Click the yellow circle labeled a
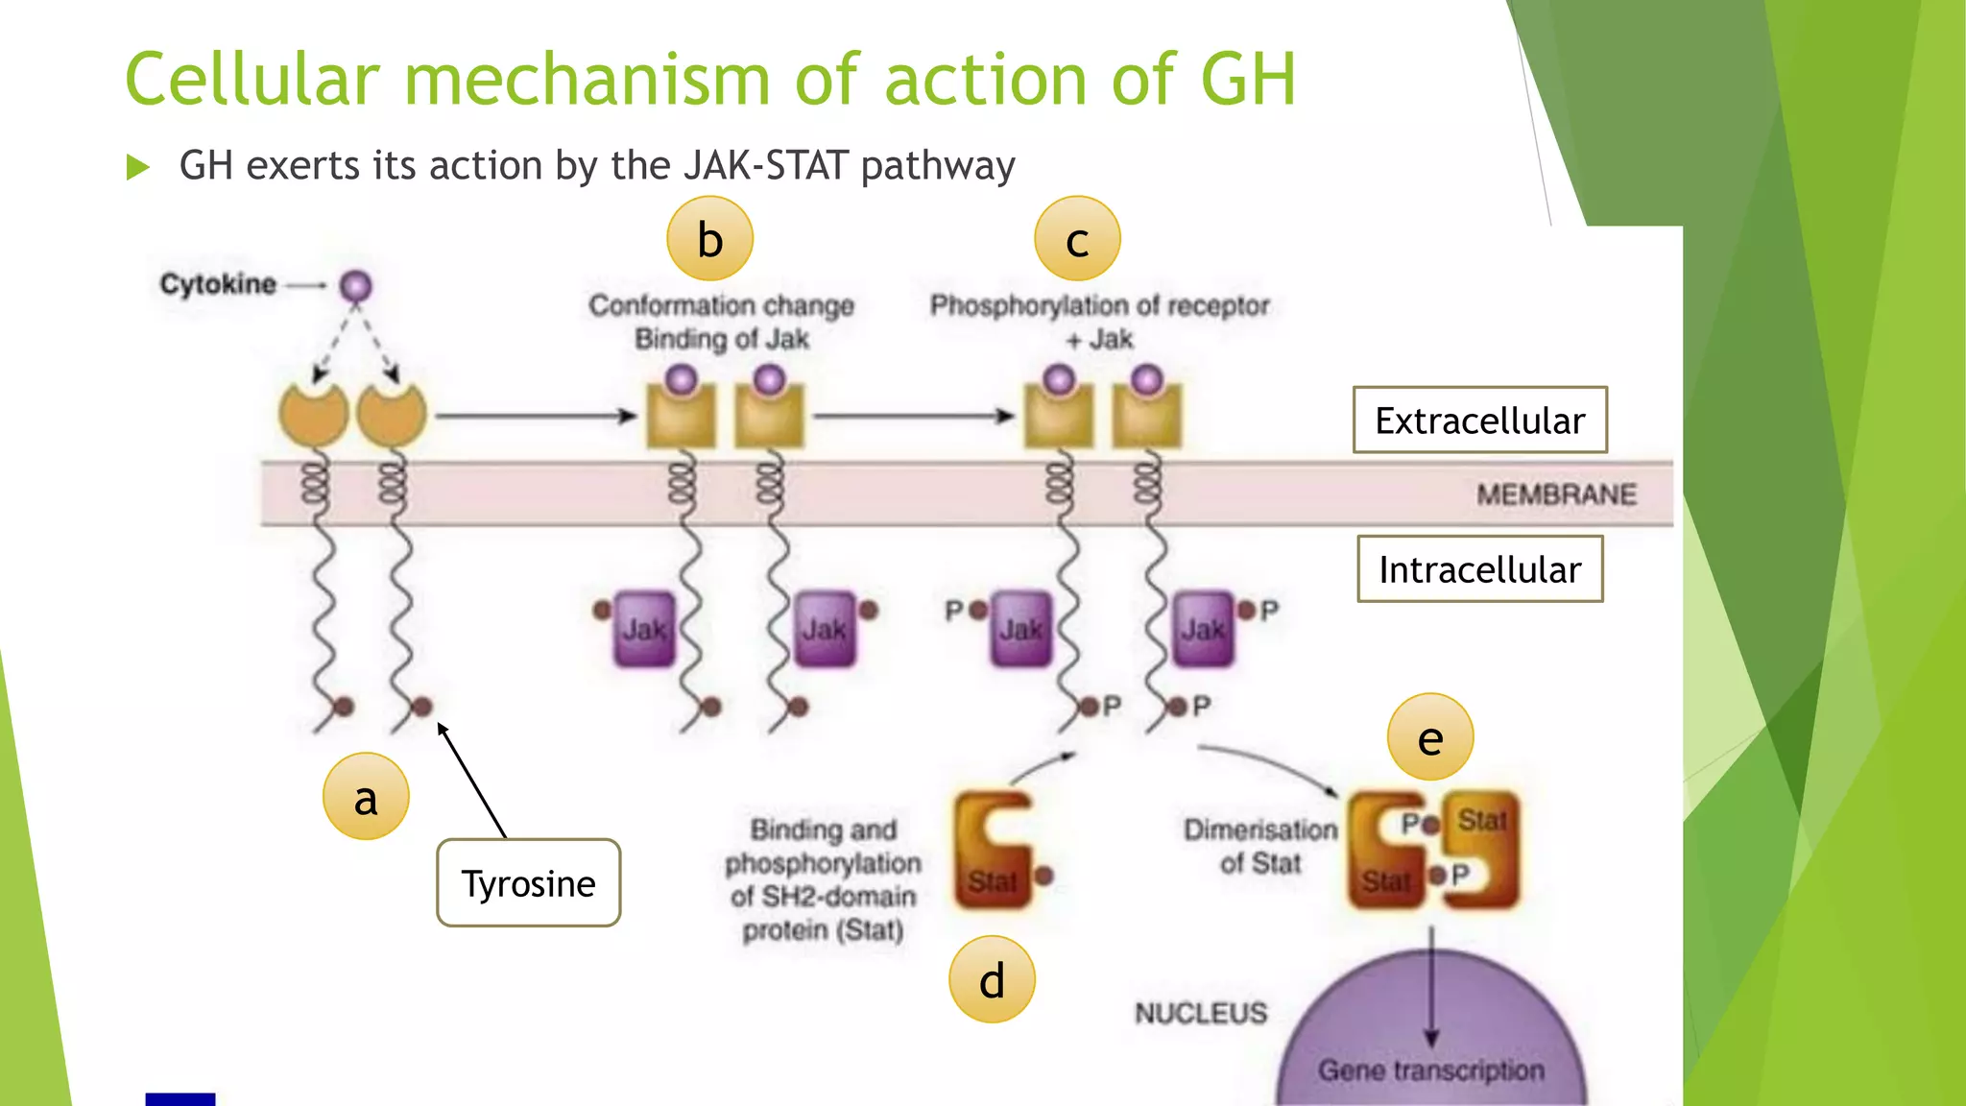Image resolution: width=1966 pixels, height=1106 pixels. (366, 797)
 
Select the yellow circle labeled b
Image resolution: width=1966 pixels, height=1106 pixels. (709, 239)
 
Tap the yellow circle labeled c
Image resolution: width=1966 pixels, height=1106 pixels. (1077, 239)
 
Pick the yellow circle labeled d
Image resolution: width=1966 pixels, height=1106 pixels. (992, 979)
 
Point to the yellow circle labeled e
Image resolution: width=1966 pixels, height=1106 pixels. (1430, 737)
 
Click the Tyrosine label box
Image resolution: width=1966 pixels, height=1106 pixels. (528, 883)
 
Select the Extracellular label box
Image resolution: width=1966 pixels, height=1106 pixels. (1479, 421)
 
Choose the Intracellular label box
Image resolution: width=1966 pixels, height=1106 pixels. (1479, 569)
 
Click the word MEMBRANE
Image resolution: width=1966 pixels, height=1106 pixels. (1556, 494)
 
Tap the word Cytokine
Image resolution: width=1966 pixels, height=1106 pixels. (218, 284)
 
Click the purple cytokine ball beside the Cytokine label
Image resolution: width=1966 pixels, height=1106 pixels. (356, 286)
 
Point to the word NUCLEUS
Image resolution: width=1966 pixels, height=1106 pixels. (1201, 1013)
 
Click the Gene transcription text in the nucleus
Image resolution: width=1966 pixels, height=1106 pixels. (1430, 1070)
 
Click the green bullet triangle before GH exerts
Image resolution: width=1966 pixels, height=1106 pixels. (138, 168)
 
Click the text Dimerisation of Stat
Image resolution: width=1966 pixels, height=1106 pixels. (1260, 846)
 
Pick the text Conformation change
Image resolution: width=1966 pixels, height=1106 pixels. (721, 305)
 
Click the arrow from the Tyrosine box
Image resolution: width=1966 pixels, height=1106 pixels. (471, 780)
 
